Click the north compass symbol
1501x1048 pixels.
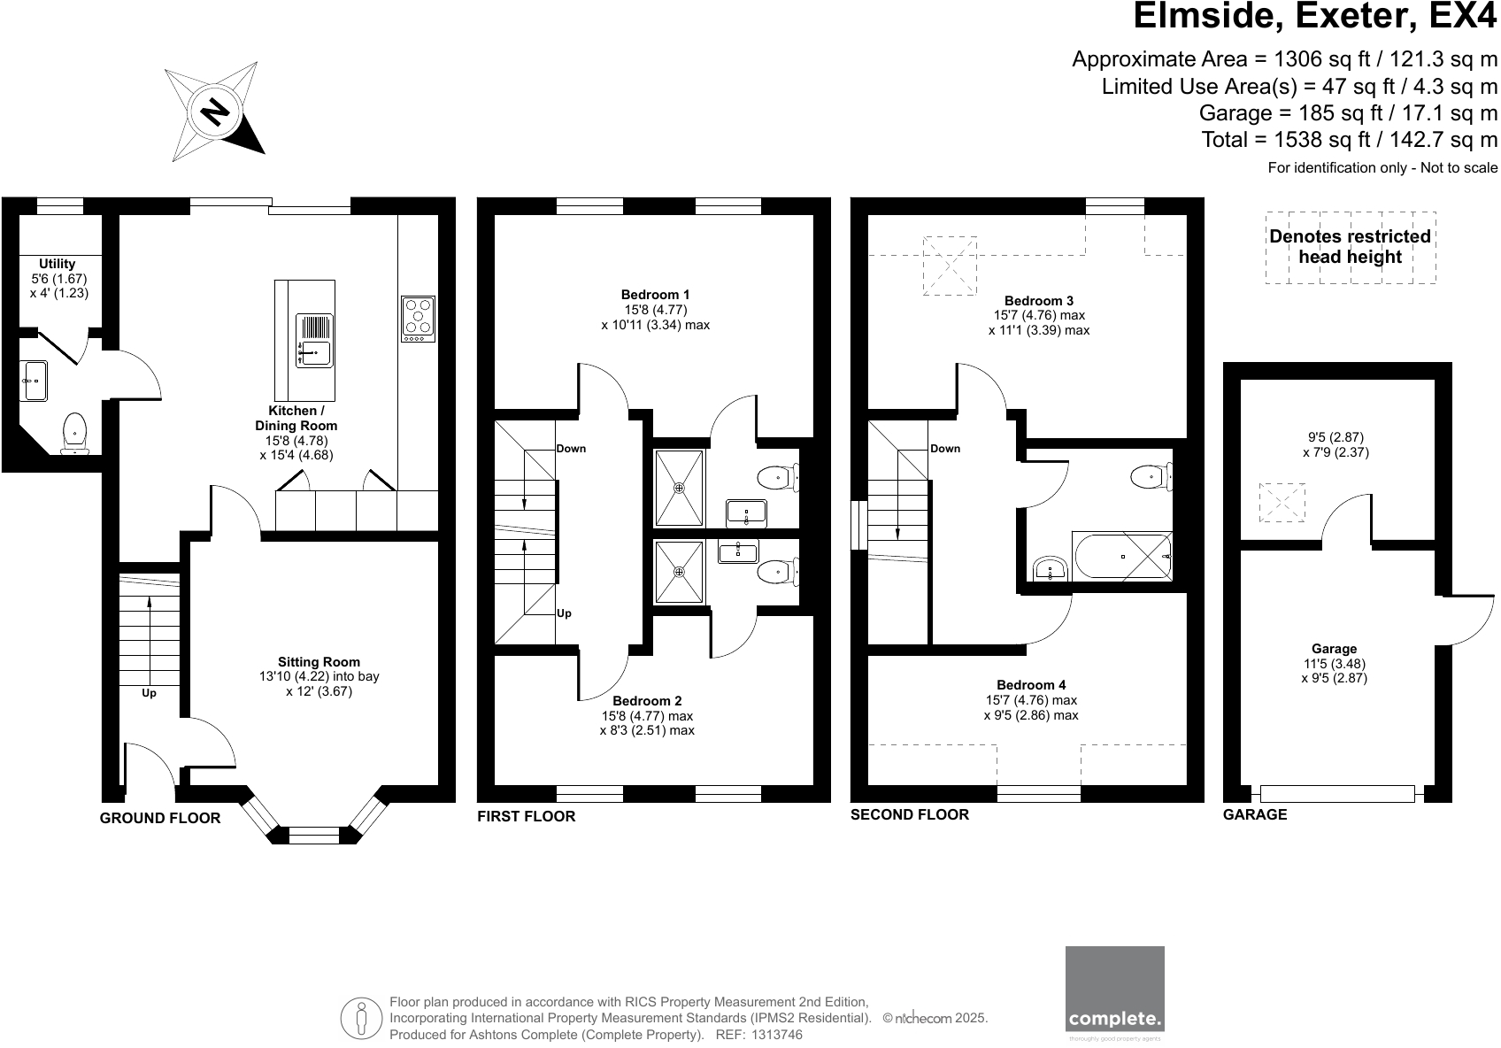click(215, 112)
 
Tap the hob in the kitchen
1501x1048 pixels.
click(419, 319)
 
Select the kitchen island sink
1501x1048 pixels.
click(315, 342)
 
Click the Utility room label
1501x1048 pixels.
click(58, 264)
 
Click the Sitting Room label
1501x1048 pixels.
click(319, 662)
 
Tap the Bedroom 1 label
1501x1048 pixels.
click(655, 295)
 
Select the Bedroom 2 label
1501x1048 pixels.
click(647, 701)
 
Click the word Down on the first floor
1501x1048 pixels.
click(571, 449)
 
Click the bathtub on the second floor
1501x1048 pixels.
click(1122, 557)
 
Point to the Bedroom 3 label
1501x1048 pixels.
click(1038, 301)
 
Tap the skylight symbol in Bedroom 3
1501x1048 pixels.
click(950, 266)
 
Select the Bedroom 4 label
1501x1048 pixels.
click(1031, 685)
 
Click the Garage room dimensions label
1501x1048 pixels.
click(1334, 664)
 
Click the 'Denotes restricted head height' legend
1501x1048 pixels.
click(1350, 247)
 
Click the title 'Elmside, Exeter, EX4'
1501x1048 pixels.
click(1315, 17)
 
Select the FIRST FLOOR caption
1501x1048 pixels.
click(526, 817)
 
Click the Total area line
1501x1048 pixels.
click(1349, 140)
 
